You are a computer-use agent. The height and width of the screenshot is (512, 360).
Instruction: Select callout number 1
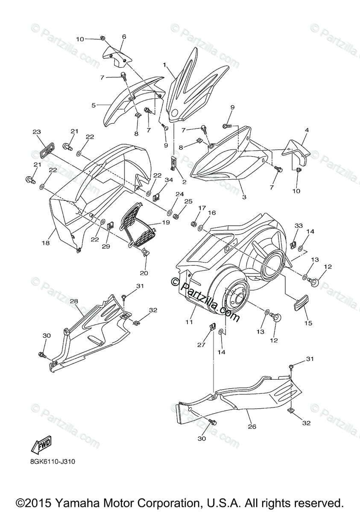164,65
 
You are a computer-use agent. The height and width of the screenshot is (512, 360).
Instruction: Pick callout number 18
45,243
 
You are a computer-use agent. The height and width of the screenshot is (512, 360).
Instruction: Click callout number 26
252,426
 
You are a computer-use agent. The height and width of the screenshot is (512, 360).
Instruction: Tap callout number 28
73,301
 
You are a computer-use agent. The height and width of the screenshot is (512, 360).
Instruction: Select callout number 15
308,323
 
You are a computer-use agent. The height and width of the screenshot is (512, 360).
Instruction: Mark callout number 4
306,130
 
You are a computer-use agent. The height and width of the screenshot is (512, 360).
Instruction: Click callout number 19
166,222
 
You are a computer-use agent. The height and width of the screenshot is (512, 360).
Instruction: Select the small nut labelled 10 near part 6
103,39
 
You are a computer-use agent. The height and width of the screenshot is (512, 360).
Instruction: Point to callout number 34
169,180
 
